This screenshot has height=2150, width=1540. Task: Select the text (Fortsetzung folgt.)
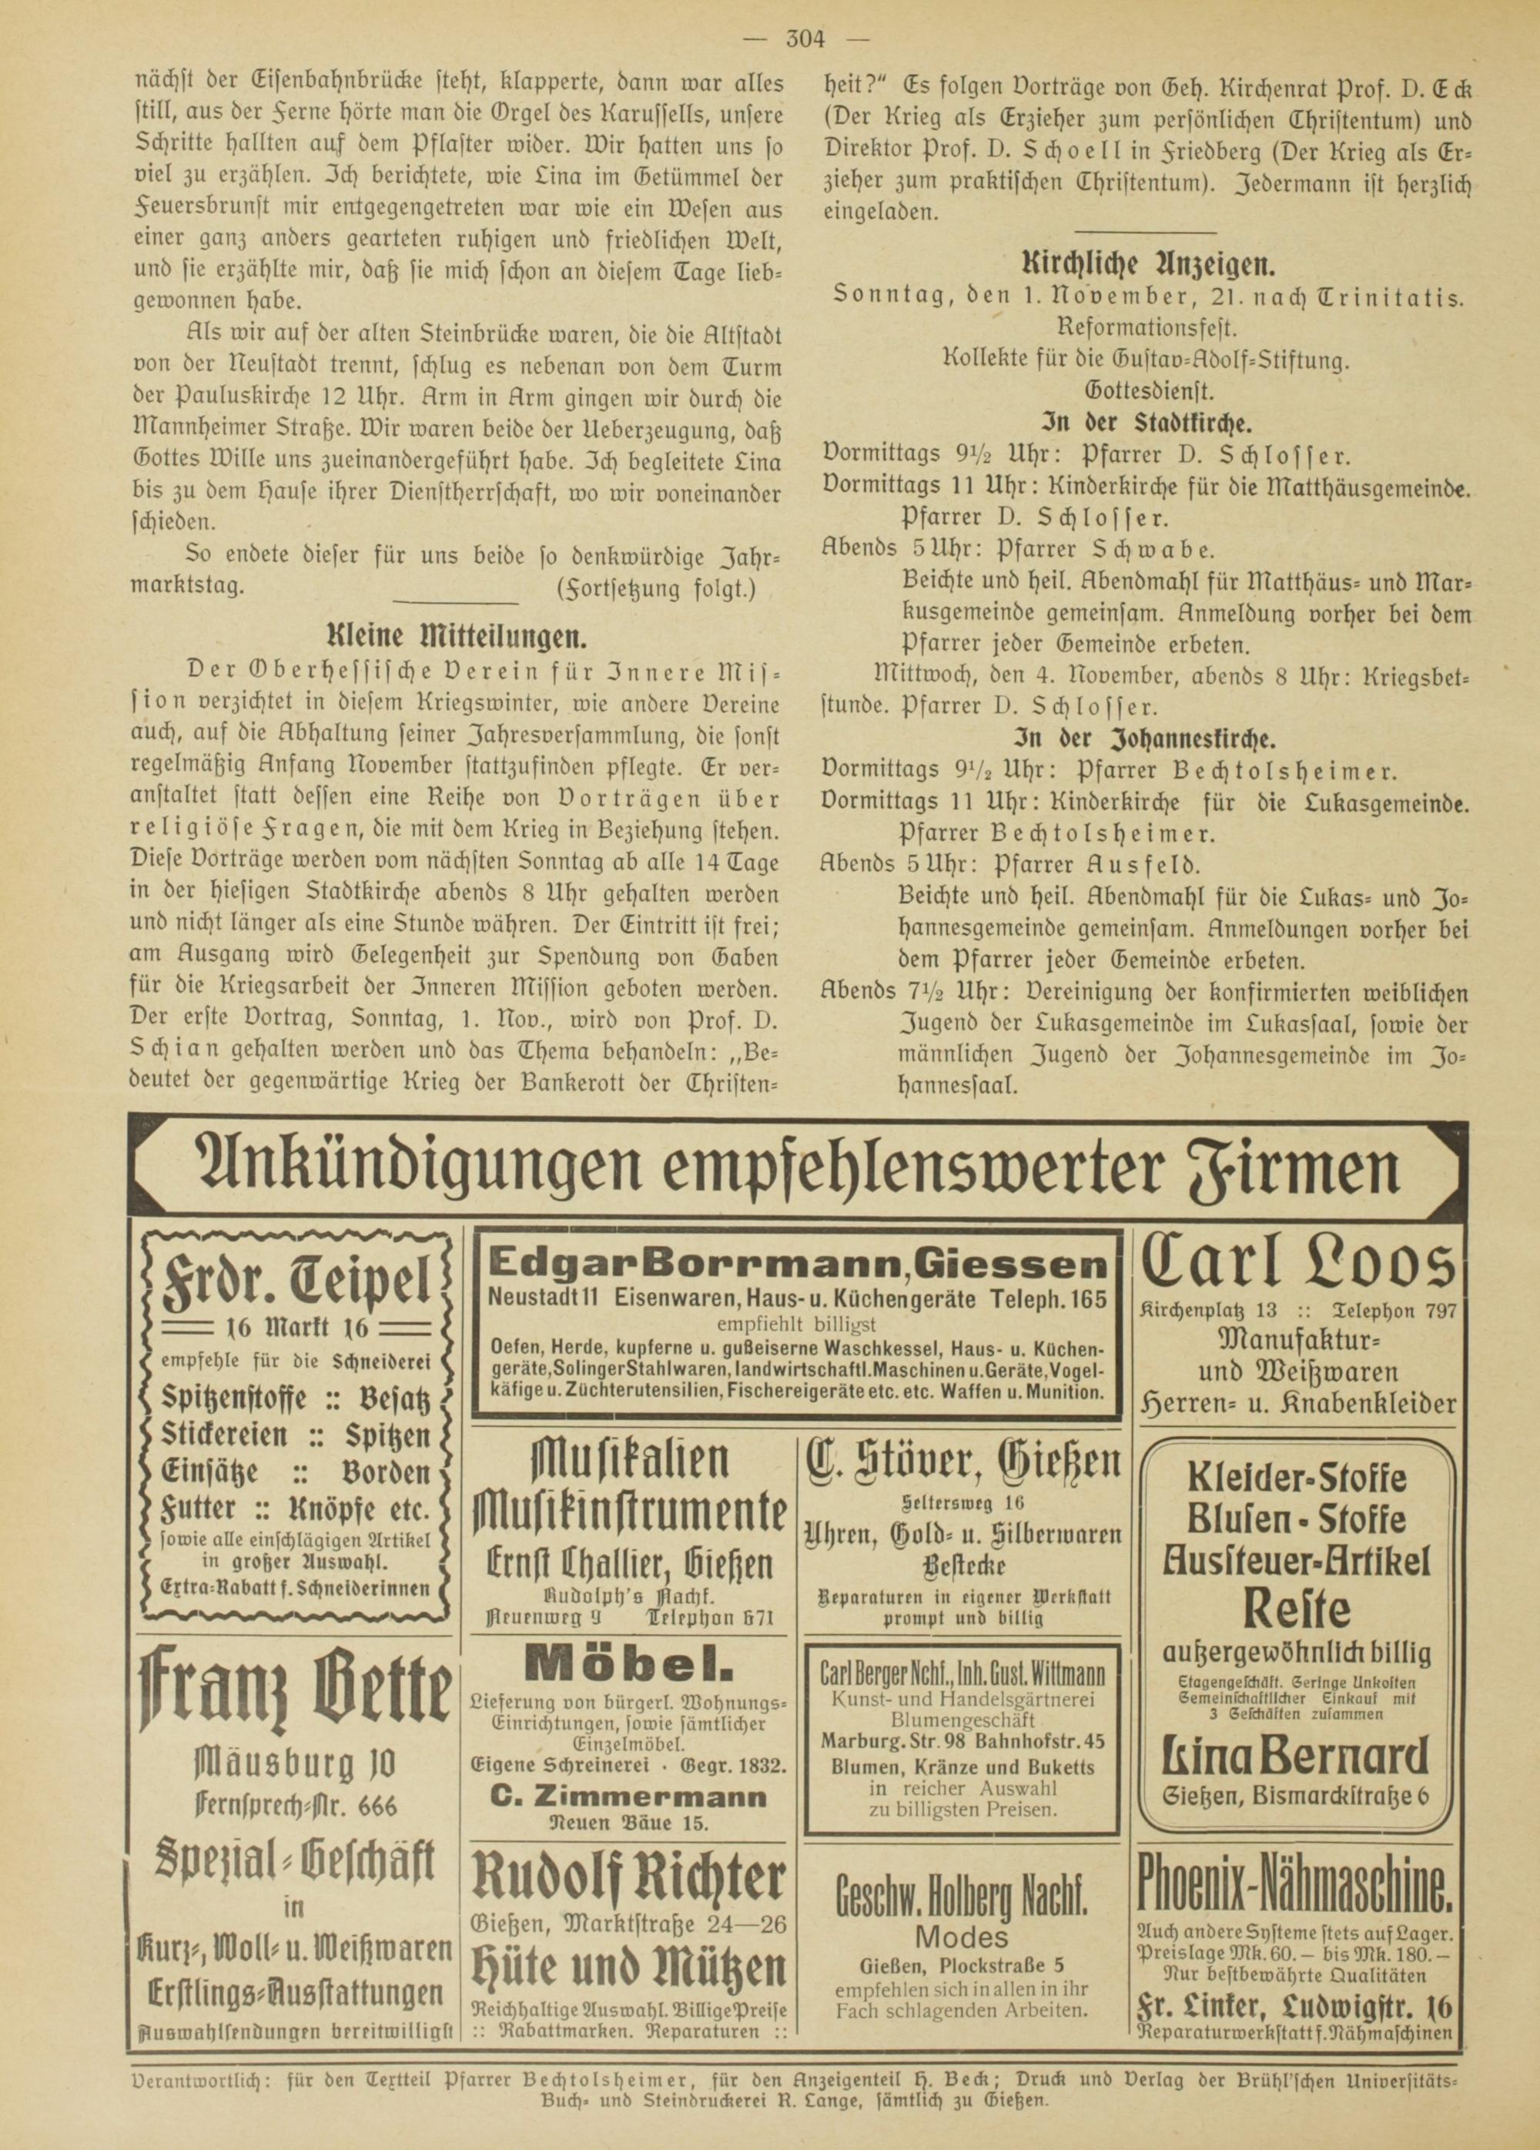click(x=657, y=588)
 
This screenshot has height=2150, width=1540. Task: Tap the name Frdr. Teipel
click(x=296, y=1277)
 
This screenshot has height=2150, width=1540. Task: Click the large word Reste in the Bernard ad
click(x=1297, y=1608)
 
